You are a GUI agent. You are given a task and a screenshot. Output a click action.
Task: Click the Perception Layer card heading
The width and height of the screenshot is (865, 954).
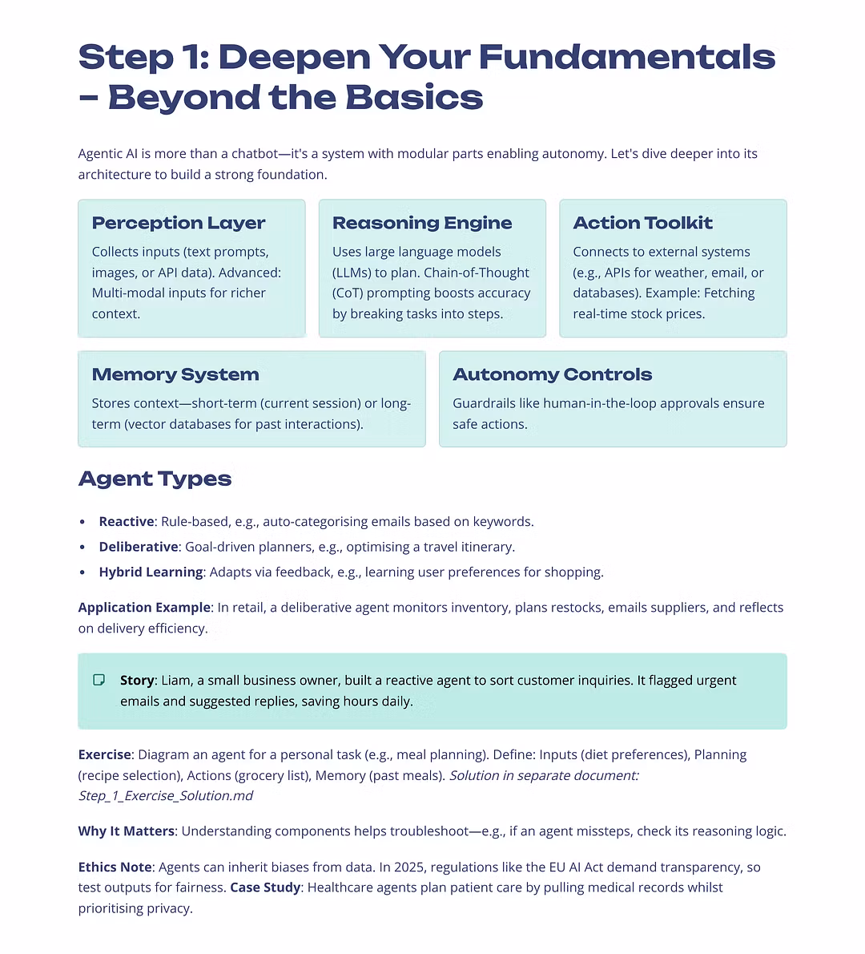click(x=179, y=223)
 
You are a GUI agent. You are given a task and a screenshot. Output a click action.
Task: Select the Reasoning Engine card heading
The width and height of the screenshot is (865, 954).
click(x=422, y=223)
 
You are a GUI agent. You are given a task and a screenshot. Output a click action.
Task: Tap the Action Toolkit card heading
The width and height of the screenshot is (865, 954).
click(x=642, y=223)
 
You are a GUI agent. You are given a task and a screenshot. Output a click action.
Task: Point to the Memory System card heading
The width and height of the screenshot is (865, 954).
click(x=175, y=374)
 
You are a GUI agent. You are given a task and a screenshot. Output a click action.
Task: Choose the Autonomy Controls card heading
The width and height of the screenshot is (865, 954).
click(x=552, y=374)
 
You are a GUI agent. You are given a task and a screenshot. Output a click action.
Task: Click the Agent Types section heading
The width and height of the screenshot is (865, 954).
click(x=155, y=479)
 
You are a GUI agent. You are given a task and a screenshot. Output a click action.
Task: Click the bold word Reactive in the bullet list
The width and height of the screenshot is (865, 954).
click(x=127, y=522)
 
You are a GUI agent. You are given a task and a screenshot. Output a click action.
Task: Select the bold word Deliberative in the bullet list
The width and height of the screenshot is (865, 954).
click(x=139, y=547)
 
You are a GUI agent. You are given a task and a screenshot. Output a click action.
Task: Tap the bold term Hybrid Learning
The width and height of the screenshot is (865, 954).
click(x=151, y=572)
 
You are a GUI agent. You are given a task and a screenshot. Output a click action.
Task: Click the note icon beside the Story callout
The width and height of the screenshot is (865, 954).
click(x=99, y=680)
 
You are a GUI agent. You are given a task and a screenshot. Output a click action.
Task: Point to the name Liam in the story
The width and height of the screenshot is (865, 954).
click(x=176, y=681)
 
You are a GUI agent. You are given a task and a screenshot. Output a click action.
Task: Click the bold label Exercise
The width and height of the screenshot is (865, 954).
click(x=104, y=755)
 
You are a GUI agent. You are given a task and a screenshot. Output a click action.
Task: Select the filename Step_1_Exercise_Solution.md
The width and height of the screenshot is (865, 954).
click(x=166, y=796)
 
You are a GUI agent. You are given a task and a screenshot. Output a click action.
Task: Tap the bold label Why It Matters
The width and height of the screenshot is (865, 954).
click(x=126, y=831)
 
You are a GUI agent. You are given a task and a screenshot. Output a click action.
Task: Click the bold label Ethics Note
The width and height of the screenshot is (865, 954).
click(x=115, y=867)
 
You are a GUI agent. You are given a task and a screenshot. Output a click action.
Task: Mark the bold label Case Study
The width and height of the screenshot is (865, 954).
click(x=265, y=887)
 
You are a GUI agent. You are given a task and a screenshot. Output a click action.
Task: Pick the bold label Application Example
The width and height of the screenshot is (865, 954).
click(x=144, y=608)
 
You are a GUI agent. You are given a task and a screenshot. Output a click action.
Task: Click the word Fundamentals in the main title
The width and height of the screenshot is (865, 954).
click(x=627, y=57)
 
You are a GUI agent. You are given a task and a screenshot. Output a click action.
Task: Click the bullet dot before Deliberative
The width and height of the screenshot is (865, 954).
click(x=82, y=548)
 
